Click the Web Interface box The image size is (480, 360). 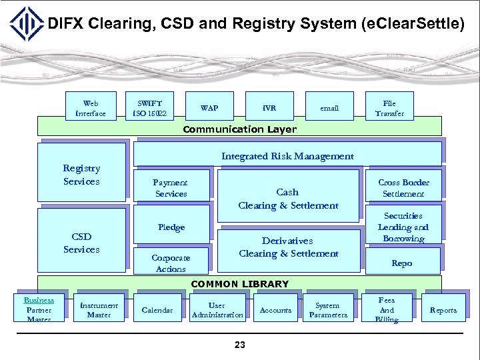[91, 108]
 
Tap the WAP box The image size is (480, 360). [209, 108]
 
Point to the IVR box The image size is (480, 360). [269, 108]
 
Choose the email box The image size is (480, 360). [329, 108]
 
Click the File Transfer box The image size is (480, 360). [389, 108]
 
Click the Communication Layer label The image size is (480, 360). [239, 129]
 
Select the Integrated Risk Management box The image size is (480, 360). [287, 156]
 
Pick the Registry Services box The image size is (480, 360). [81, 175]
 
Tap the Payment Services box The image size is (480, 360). [171, 188]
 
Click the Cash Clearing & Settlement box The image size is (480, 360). [287, 199]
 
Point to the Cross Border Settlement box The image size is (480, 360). [403, 188]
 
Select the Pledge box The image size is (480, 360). [171, 227]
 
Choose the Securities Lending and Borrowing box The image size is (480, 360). [403, 227]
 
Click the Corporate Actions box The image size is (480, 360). [171, 263]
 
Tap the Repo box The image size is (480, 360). [402, 263]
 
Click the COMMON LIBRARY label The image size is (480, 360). [239, 284]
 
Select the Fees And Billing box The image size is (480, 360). [387, 310]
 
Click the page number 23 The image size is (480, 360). [240, 345]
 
